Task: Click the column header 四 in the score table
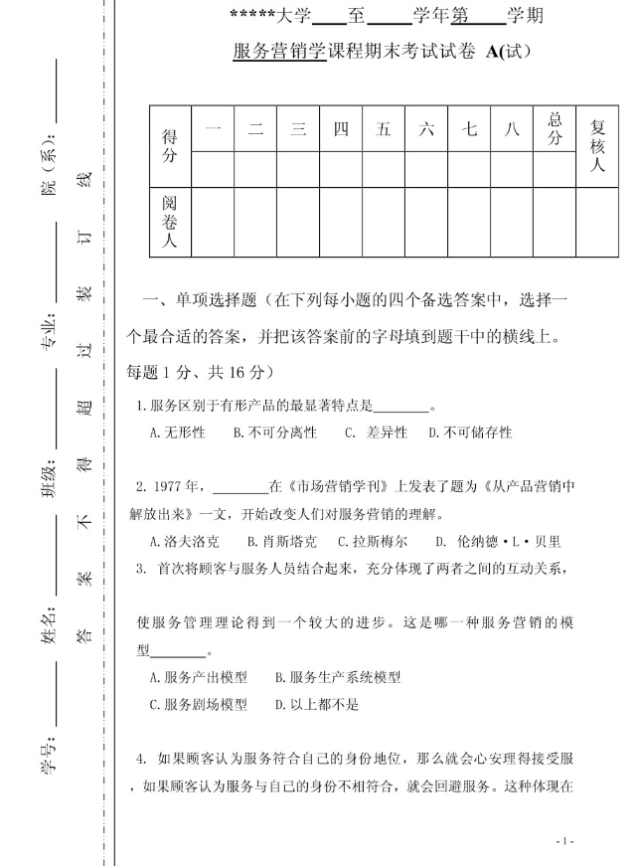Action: click(341, 129)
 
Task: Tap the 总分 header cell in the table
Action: click(555, 129)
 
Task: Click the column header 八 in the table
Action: click(512, 129)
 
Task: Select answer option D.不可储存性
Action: click(470, 433)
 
